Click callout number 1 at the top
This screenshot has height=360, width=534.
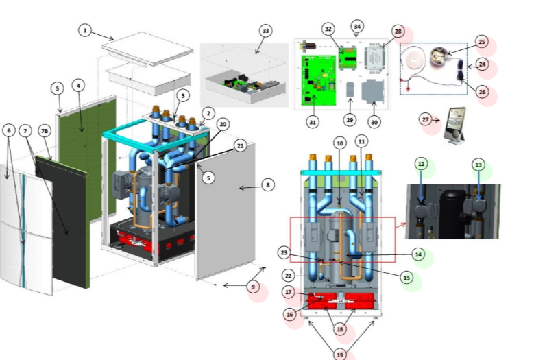point(84,30)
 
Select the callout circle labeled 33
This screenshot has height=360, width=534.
point(266,31)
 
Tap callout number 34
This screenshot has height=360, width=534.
point(356,27)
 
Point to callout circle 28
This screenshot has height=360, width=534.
point(398,32)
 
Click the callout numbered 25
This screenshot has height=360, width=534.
point(481,43)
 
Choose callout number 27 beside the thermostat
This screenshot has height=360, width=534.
point(426,120)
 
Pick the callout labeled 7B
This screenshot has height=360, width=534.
point(45,130)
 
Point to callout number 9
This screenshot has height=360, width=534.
point(254,287)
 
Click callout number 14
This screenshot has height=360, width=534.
point(418,254)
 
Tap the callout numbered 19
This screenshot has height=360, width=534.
point(340,355)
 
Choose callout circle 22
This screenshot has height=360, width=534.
point(289,276)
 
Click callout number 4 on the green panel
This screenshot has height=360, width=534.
point(79,86)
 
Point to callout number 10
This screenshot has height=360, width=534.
point(339,143)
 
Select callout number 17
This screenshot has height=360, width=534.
point(289,292)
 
